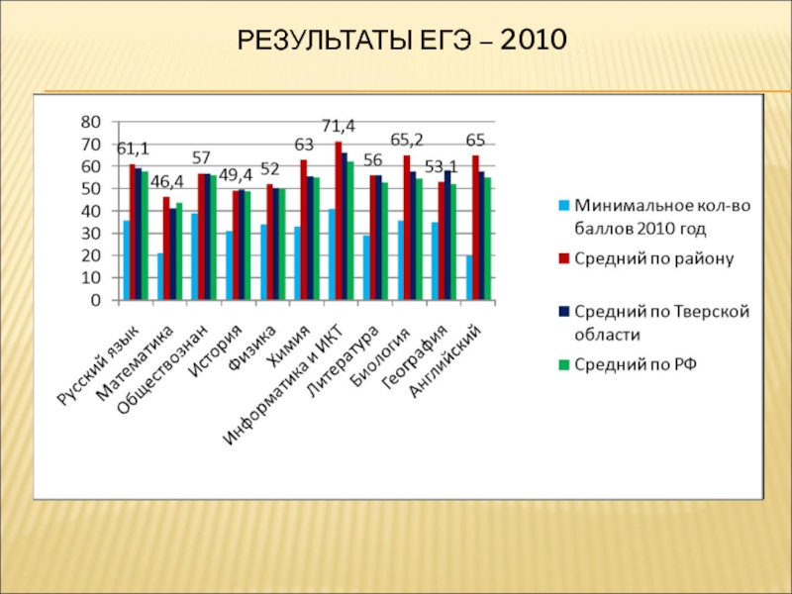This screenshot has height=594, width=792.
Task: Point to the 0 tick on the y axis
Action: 95,300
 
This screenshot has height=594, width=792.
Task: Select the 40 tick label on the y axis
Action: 90,211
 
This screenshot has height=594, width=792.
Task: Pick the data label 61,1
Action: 133,148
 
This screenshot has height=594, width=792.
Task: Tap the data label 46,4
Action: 166,181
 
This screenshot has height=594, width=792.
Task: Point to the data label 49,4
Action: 235,174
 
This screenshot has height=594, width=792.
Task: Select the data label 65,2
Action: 406,140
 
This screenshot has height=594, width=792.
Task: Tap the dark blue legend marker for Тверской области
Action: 563,311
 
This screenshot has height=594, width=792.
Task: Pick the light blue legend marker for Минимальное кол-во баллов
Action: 563,207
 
